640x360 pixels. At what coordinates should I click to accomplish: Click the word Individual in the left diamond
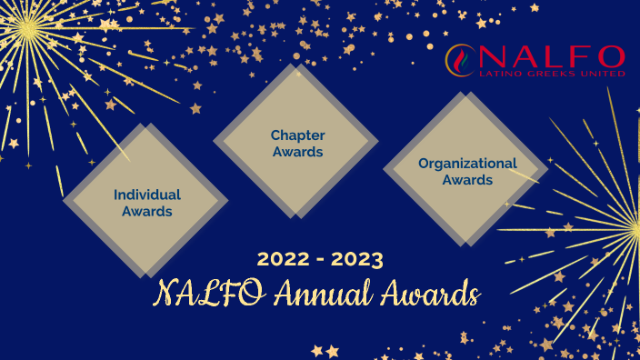pyautogui.click(x=146, y=194)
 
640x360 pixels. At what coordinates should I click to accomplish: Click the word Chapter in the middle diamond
pyautogui.click(x=297, y=135)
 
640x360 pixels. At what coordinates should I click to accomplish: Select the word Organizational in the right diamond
pyautogui.click(x=467, y=164)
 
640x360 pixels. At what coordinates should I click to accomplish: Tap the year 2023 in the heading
pyautogui.click(x=356, y=259)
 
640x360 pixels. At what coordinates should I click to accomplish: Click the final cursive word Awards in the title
pyautogui.click(x=425, y=294)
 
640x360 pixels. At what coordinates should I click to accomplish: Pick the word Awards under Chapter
pyautogui.click(x=297, y=152)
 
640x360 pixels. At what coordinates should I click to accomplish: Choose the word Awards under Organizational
pyautogui.click(x=467, y=180)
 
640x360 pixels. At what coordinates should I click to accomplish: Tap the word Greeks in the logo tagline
pyautogui.click(x=548, y=74)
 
